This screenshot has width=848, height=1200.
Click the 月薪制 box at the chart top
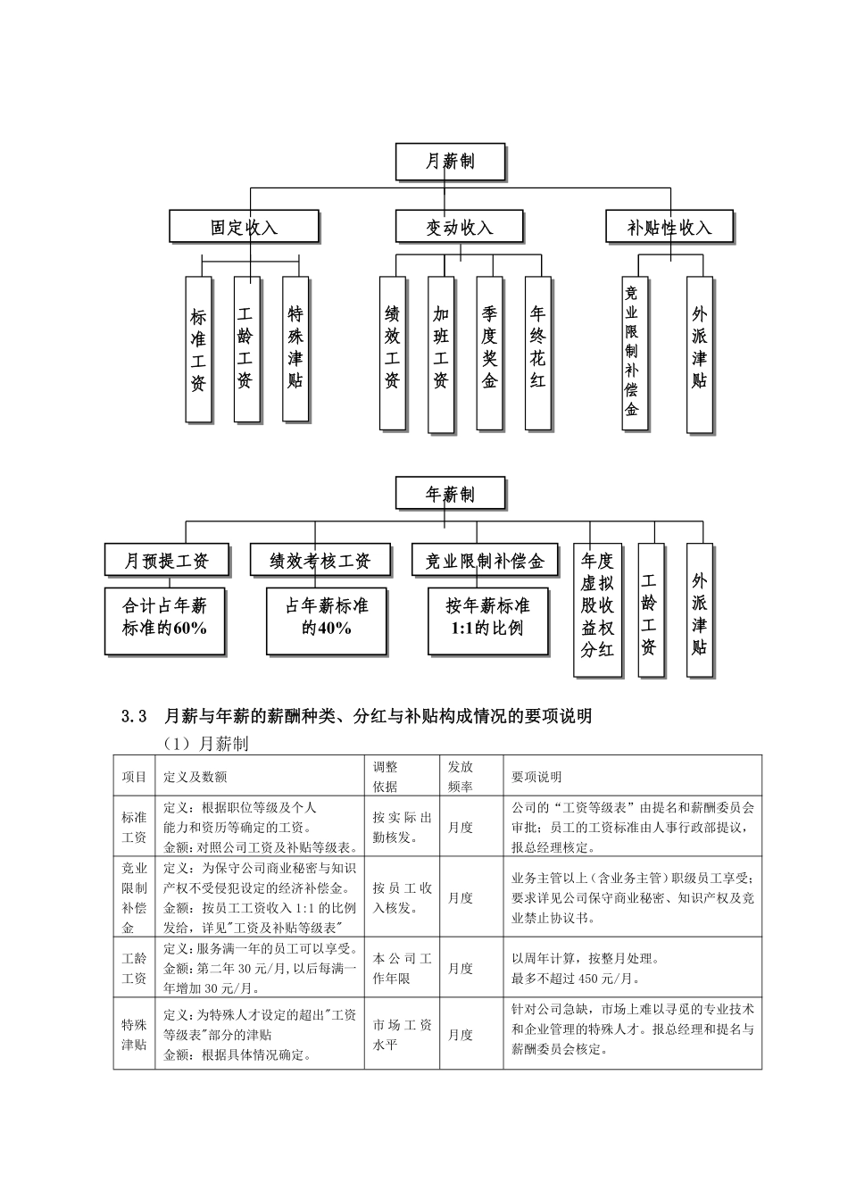(450, 162)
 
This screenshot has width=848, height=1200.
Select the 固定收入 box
(244, 227)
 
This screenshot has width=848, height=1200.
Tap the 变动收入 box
(459, 227)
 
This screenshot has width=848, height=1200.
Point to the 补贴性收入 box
(669, 227)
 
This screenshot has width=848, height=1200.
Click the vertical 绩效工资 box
(392, 352)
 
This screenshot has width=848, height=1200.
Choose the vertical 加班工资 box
(440, 352)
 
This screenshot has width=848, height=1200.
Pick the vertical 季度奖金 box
(489, 352)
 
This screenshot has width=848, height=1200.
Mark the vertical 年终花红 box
(537, 352)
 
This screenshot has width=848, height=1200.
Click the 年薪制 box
(450, 494)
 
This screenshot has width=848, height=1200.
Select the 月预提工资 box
(167, 561)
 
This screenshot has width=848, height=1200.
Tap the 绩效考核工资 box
(320, 561)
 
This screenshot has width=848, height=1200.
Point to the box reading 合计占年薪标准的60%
(165, 617)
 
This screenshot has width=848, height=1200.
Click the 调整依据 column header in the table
(386, 776)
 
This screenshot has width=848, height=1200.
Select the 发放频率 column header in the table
(461, 776)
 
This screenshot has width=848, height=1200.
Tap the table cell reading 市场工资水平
(402, 1035)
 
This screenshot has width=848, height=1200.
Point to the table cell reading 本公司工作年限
(402, 968)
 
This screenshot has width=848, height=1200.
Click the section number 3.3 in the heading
(133, 716)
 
